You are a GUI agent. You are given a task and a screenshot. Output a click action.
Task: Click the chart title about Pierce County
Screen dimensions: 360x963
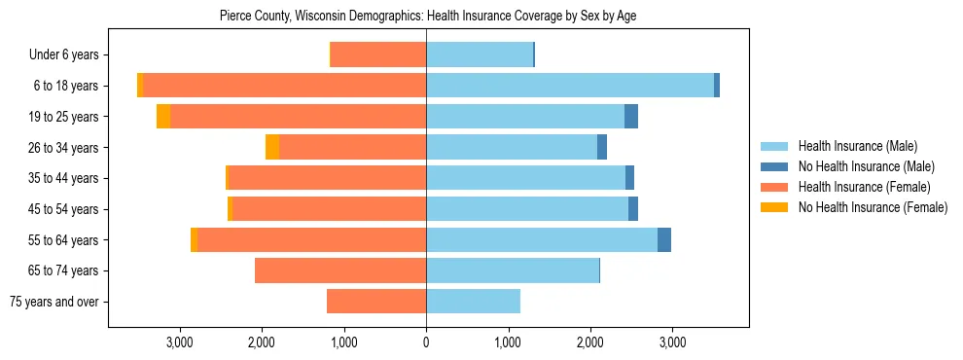tap(428, 17)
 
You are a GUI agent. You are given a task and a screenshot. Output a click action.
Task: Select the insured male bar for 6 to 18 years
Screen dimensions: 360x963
tap(570, 86)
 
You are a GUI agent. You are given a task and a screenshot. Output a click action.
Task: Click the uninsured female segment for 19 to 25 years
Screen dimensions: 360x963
tap(163, 117)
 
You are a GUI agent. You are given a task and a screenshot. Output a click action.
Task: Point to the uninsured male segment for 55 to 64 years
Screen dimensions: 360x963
tap(664, 240)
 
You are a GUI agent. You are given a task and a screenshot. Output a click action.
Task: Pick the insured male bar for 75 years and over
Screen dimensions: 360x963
tap(473, 302)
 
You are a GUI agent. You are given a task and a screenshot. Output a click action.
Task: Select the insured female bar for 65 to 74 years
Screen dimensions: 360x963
tap(340, 270)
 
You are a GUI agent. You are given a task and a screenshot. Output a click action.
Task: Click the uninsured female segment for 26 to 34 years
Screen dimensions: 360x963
tap(272, 147)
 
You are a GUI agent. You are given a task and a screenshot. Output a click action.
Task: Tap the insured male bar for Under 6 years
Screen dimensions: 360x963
tap(480, 54)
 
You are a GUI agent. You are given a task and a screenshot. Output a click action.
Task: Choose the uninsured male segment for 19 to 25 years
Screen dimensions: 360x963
tap(631, 117)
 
